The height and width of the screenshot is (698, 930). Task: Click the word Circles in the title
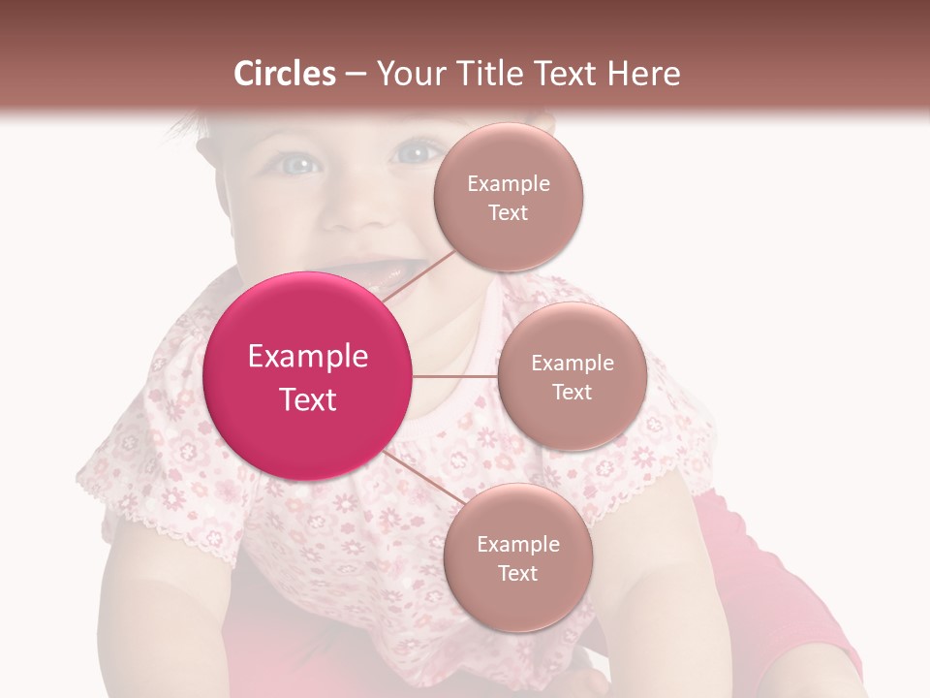tap(285, 74)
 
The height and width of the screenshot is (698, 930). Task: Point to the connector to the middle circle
tap(455, 376)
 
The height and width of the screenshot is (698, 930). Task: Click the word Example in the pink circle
tap(308, 357)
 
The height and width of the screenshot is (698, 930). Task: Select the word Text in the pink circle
tap(308, 399)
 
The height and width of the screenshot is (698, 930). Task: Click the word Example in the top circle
tap(508, 184)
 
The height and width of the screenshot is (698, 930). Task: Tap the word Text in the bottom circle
tap(517, 574)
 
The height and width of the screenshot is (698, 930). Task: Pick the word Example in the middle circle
tap(572, 364)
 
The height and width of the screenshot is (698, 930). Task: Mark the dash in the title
tap(356, 75)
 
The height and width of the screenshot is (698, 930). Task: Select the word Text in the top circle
tap(508, 213)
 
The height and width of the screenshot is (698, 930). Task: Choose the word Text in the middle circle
tap(572, 393)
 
